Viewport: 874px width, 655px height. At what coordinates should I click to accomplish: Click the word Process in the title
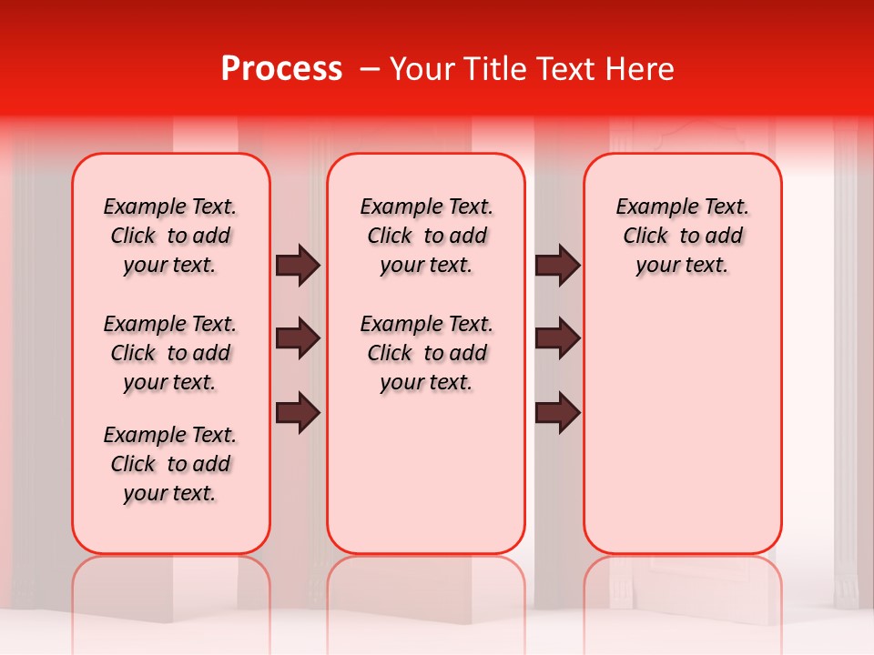[281, 69]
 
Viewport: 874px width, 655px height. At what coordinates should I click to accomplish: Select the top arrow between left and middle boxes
[298, 266]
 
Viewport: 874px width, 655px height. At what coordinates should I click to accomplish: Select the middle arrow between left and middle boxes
[298, 339]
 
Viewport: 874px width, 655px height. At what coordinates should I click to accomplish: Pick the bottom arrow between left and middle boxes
[298, 413]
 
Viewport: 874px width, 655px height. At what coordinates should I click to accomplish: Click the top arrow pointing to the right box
[557, 266]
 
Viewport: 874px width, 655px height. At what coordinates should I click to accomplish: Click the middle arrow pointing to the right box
[557, 339]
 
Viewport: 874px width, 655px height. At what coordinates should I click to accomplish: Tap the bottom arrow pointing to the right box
[557, 413]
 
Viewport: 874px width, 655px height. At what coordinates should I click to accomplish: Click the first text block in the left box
[170, 236]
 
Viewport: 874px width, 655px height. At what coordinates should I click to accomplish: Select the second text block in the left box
[170, 353]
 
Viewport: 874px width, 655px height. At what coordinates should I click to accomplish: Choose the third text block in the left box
[170, 464]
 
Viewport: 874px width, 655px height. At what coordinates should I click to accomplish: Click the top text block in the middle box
[427, 236]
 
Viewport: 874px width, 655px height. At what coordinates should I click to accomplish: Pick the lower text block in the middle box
[427, 353]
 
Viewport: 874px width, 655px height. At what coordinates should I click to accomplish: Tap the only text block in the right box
[683, 236]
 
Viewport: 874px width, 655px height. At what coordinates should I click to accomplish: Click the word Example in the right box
[651, 207]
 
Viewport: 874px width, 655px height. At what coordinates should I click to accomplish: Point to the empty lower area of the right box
[683, 428]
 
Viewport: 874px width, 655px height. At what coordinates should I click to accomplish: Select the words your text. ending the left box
[170, 493]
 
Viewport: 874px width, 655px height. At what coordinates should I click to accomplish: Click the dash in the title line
[370, 69]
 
